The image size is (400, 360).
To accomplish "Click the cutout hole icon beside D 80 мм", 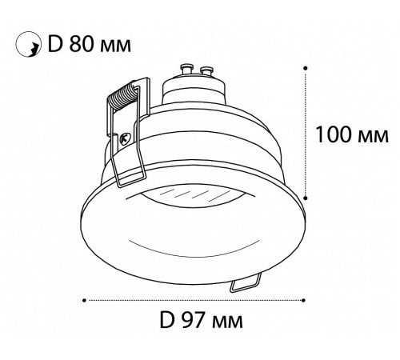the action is tap(28, 45).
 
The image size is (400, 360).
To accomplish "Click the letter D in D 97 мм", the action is tap(167, 320).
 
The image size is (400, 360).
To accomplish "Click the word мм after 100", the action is tap(373, 137).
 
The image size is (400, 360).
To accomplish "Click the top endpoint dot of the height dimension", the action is tap(306, 68).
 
